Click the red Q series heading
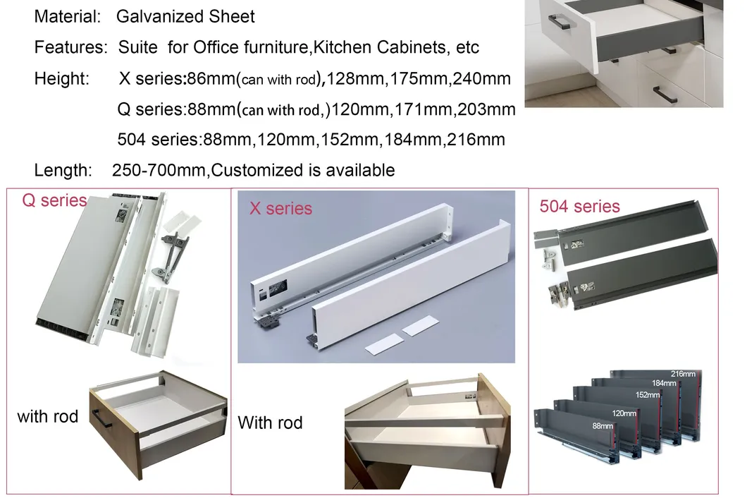(x=54, y=200)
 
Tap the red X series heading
(x=280, y=209)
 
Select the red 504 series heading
(x=579, y=207)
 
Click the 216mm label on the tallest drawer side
(x=684, y=373)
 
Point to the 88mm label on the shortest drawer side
(x=602, y=426)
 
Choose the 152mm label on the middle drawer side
(x=648, y=395)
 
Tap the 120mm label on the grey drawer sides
(x=624, y=413)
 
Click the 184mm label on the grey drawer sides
(x=664, y=383)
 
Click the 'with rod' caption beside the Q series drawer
(x=47, y=416)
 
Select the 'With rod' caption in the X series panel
(x=270, y=423)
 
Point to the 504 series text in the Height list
(x=159, y=140)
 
